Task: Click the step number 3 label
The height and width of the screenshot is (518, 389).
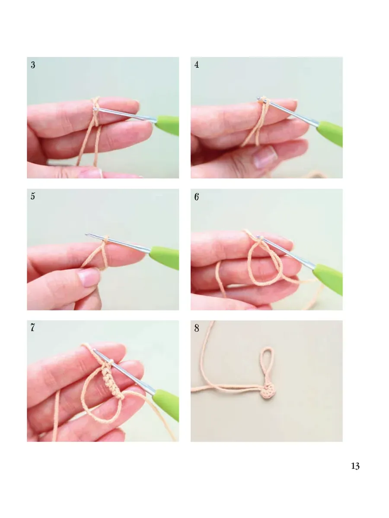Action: (33, 65)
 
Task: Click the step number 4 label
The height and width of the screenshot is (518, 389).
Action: (197, 65)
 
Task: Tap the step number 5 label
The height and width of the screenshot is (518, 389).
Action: (33, 196)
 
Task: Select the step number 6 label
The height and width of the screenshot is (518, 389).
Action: (197, 196)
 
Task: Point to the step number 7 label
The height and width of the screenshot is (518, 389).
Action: (32, 327)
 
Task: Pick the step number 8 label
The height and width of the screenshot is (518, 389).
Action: (197, 328)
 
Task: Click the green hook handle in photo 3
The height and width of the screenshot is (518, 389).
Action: (167, 125)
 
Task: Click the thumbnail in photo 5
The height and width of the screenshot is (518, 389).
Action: (88, 278)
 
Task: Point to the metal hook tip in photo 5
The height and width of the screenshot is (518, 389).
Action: (87, 235)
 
